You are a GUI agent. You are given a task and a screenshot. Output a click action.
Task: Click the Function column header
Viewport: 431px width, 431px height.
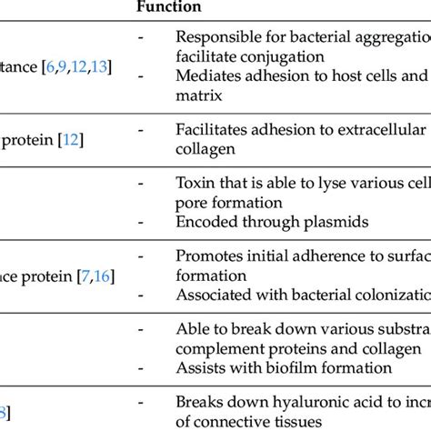[x=169, y=6]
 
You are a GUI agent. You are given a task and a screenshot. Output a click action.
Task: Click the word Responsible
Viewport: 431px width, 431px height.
[x=217, y=39]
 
